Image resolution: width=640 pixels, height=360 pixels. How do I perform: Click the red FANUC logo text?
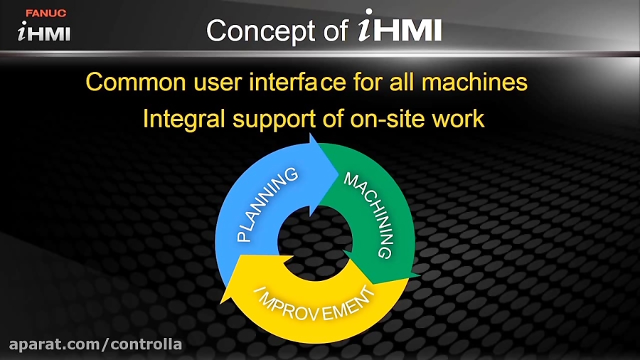(46, 13)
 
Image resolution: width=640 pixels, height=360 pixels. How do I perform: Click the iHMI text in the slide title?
(400, 26)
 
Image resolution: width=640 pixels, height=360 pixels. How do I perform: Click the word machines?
(474, 82)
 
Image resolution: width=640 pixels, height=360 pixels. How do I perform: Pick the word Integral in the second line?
(183, 120)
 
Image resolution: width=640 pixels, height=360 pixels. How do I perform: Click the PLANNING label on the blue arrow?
(267, 204)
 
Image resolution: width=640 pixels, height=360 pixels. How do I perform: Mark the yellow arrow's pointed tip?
(221, 303)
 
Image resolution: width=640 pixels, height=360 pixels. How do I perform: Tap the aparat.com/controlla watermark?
(95, 344)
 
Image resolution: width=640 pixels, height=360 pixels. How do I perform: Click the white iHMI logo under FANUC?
(44, 31)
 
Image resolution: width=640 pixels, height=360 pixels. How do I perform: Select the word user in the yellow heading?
(218, 83)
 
